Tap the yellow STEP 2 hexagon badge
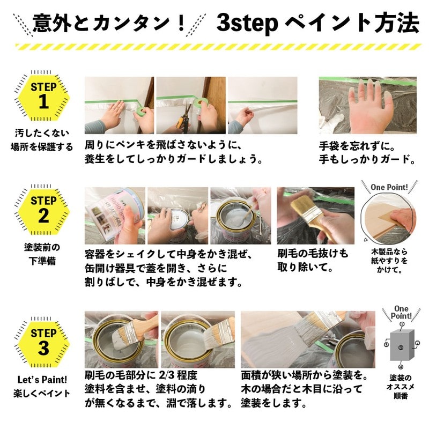click(x=43, y=209)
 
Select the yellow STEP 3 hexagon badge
click(x=43, y=341)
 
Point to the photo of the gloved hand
click(x=367, y=106)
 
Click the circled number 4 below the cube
click(x=401, y=367)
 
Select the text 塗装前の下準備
click(x=43, y=254)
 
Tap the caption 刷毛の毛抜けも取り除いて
click(x=313, y=260)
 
